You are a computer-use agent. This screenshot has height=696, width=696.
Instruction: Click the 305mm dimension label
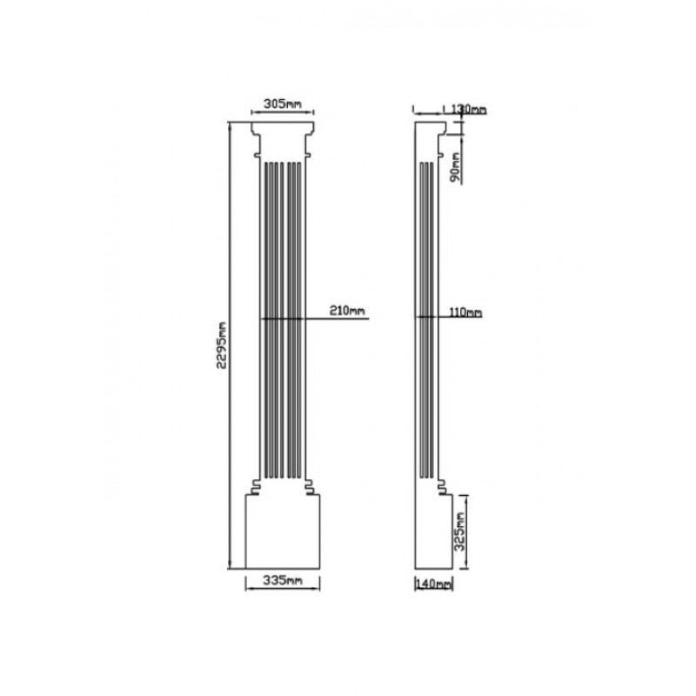282,104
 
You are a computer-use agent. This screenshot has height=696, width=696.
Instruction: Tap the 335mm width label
282,579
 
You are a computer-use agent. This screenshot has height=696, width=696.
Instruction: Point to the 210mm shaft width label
347,311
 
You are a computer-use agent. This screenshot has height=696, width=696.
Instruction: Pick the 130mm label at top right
469,110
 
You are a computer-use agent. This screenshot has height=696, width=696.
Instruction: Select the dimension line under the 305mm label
282,112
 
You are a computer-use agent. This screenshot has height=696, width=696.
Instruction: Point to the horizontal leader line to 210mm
339,319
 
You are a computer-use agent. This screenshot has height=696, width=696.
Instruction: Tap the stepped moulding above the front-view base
284,487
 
